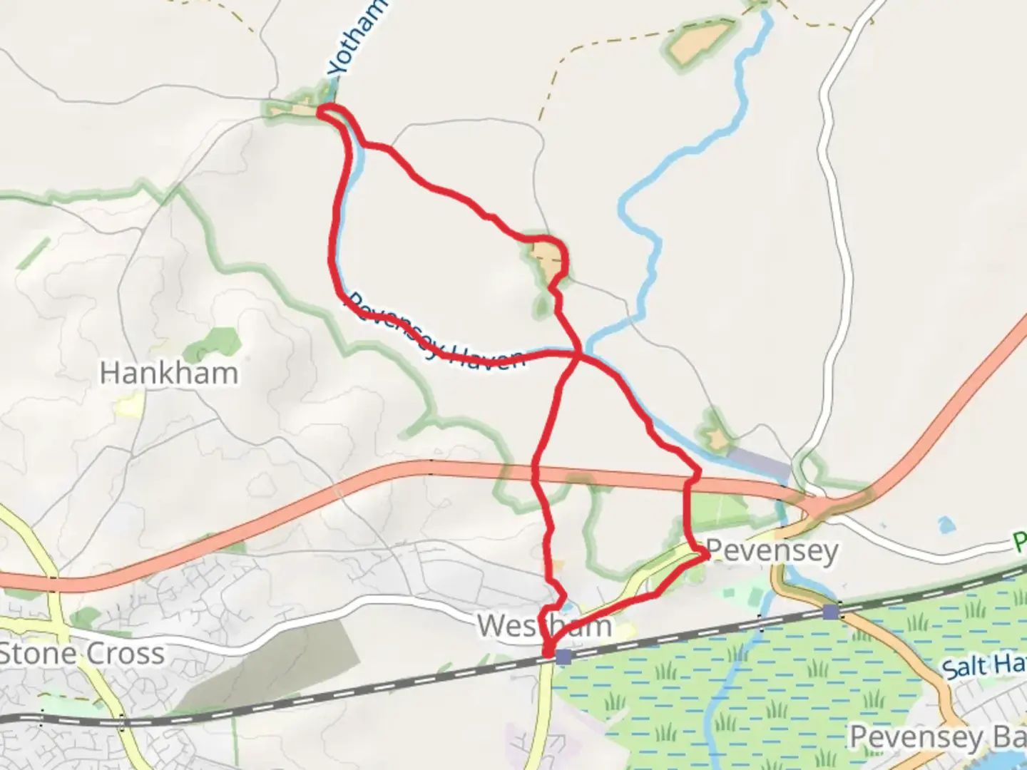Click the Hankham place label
point(169,373)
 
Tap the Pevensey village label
point(772,551)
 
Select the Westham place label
point(544,626)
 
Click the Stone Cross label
point(81,654)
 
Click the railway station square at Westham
point(563,657)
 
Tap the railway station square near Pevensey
point(830,612)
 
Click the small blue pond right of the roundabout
point(946,525)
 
